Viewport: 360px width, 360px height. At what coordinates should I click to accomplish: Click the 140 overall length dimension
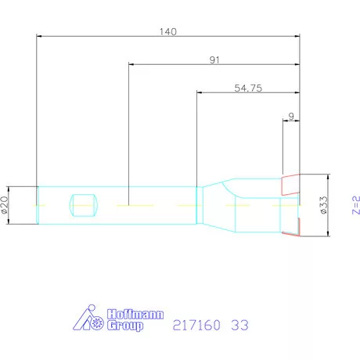167,32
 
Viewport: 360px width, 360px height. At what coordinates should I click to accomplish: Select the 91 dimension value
214,59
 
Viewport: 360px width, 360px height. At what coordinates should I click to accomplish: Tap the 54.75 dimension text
247,88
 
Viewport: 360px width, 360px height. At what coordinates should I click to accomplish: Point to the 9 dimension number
291,117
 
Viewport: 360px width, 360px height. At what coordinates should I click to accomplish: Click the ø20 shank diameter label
7,205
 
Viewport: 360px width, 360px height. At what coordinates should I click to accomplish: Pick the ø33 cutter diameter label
322,205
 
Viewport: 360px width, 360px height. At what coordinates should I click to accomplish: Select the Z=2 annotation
355,205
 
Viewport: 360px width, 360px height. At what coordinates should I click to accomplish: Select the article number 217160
194,322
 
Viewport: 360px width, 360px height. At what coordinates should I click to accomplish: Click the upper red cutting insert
290,183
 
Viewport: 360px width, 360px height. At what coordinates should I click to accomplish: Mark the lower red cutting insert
292,228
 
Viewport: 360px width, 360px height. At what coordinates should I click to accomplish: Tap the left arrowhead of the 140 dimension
41,36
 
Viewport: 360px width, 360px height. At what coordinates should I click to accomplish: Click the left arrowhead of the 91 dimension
131,64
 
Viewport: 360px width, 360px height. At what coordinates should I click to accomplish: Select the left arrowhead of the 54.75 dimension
200,92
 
